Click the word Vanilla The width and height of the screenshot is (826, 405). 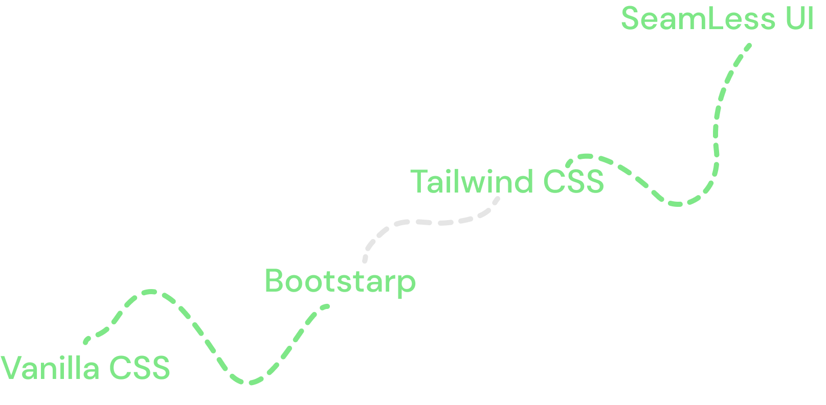coord(50,368)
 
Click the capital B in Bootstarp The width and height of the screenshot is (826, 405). coord(274,281)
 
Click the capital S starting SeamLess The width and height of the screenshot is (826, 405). coord(631,19)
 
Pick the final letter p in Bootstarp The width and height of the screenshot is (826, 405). coord(408,284)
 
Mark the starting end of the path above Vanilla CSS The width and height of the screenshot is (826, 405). coord(86,341)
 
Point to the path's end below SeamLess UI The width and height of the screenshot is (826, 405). coord(749,46)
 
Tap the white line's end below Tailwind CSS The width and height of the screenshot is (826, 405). coord(497,198)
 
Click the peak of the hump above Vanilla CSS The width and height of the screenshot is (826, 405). coord(150,292)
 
